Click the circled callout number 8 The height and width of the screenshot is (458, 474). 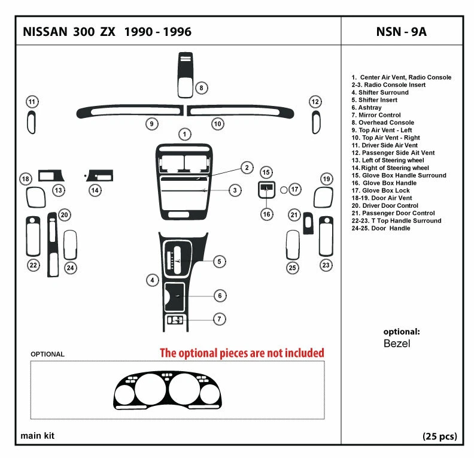(202, 88)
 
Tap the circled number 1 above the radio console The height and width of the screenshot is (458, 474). (186, 134)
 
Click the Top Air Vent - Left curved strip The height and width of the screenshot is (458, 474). (129, 111)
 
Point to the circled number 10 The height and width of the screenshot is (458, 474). (218, 124)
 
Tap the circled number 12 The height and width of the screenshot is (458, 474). (315, 102)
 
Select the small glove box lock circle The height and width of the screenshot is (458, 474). (284, 189)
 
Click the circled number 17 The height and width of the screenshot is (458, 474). (295, 189)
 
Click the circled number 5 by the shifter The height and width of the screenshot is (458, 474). (219, 261)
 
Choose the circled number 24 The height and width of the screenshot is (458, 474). (71, 268)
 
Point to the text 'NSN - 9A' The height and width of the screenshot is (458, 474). (402, 32)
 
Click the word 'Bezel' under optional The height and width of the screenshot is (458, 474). (397, 344)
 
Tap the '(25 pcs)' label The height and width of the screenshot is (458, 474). (440, 436)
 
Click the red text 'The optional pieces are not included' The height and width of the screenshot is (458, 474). (241, 353)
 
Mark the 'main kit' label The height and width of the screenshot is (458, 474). (38, 436)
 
